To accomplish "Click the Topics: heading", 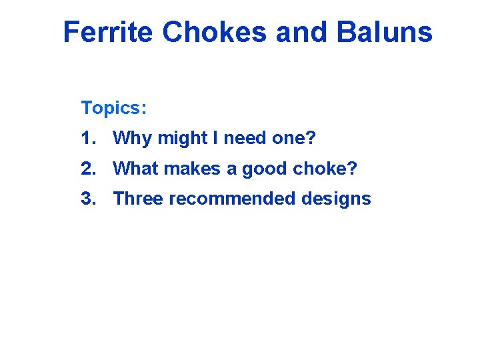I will [114, 107].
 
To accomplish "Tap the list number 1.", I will [87, 138].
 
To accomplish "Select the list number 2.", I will [87, 169].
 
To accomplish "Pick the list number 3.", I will [87, 199].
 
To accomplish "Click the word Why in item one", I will [133, 139].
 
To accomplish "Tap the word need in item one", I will [245, 139].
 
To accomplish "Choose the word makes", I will [192, 169].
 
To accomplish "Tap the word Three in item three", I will [138, 199].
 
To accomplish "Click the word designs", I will [338, 199].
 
